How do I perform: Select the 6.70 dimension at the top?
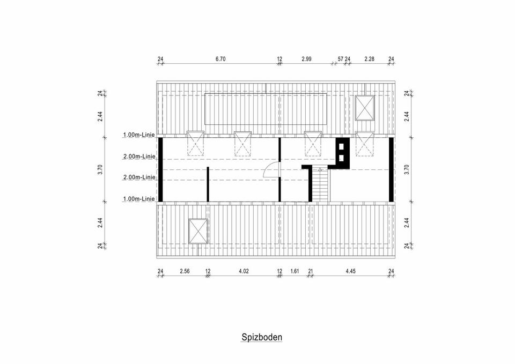point(220,59)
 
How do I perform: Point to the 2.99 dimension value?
point(306,59)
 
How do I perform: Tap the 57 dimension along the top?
point(340,59)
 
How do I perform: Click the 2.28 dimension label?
point(369,59)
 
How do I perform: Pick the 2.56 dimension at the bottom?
point(185,271)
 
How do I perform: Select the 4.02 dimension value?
point(244,271)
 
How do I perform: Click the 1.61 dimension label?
point(295,271)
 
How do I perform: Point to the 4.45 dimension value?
point(351,271)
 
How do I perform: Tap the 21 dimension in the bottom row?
point(310,271)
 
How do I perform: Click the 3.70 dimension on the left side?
point(100,169)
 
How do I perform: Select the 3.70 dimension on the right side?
point(408,169)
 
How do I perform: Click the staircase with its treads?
point(320,185)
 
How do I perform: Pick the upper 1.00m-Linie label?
point(139,135)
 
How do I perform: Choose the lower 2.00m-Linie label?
point(139,177)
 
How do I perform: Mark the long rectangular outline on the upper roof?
point(266,110)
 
